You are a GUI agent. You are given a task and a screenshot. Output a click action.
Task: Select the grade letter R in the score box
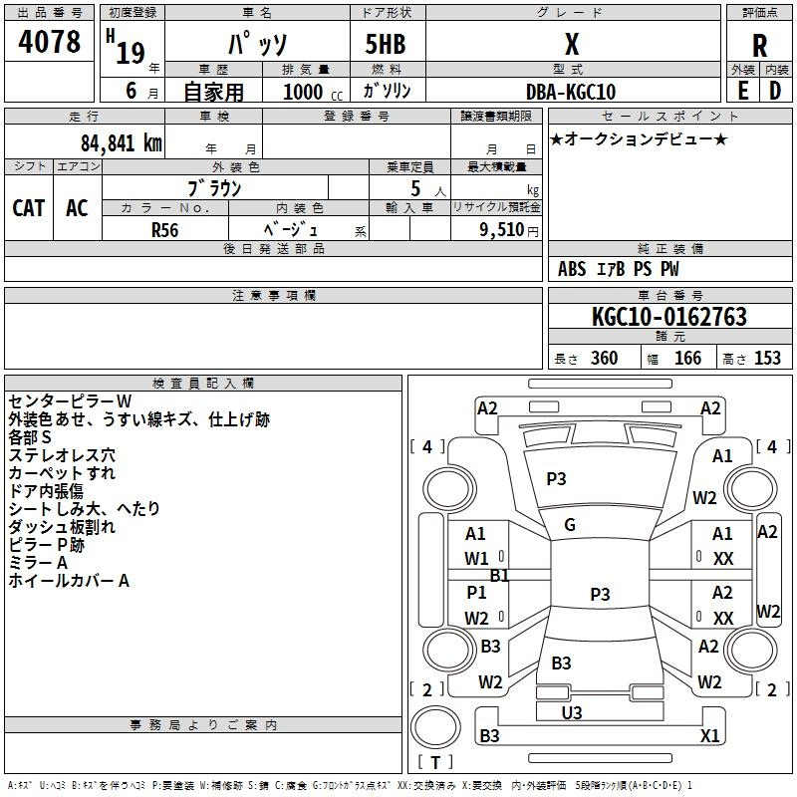[x=759, y=46]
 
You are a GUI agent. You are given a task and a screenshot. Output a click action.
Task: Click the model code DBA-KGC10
[x=571, y=92]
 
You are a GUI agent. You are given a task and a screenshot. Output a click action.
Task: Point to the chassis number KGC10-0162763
[x=668, y=318]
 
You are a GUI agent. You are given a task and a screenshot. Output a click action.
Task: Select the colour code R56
[x=165, y=228]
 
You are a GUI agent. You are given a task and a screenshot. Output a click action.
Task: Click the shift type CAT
[x=29, y=207]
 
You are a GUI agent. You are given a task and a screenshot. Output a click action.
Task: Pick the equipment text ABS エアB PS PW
[x=619, y=268]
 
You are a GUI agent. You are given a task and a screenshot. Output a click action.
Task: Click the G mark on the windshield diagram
[x=570, y=525]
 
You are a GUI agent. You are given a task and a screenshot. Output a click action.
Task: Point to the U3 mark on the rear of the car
[x=571, y=712]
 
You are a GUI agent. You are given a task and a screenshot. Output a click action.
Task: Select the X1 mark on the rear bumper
[x=709, y=736]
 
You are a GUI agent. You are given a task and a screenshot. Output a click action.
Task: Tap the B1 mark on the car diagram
[x=499, y=575]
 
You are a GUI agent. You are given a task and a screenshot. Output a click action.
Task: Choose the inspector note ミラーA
[x=39, y=563]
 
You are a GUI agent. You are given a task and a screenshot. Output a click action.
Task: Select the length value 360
[x=604, y=359]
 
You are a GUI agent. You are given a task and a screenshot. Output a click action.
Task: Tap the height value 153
[x=767, y=359]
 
